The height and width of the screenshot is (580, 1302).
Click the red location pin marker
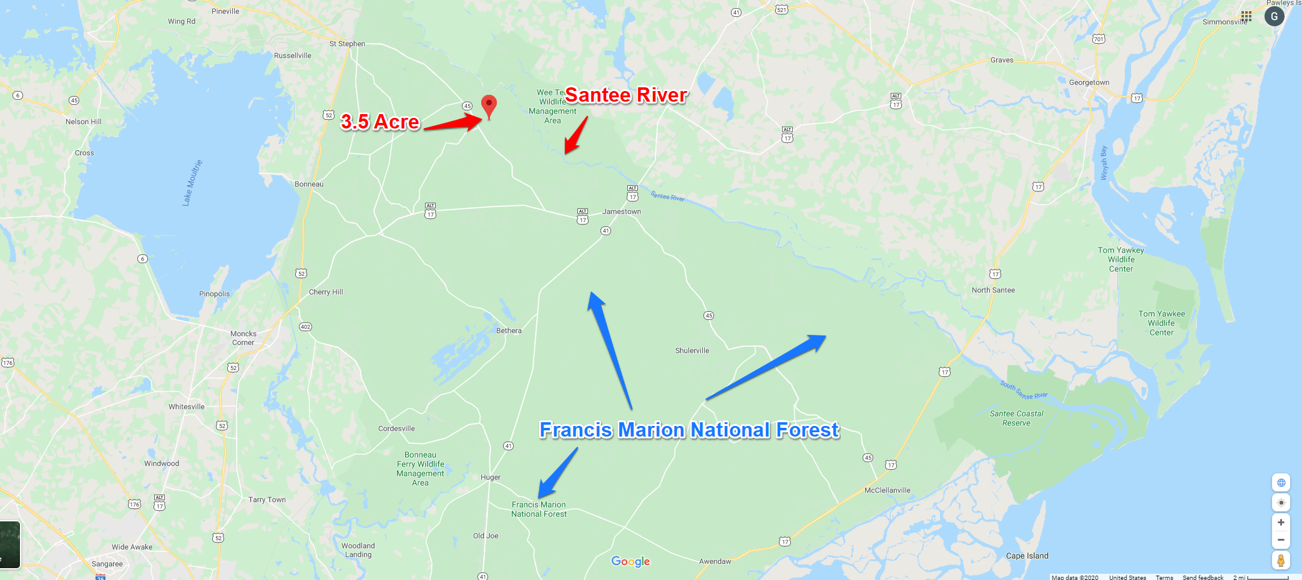click(x=489, y=105)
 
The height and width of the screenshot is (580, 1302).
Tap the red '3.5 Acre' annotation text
click(x=379, y=122)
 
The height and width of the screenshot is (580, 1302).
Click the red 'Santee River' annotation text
click(x=625, y=95)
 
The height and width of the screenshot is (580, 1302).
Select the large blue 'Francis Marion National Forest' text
click(x=689, y=430)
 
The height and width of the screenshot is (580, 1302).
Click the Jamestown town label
click(x=621, y=211)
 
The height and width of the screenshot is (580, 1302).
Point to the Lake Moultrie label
click(x=192, y=183)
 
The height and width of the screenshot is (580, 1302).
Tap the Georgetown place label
click(x=1089, y=82)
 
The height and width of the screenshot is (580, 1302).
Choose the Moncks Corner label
click(x=243, y=338)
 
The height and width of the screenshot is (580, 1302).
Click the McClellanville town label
click(x=887, y=490)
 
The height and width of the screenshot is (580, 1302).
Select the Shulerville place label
click(x=692, y=350)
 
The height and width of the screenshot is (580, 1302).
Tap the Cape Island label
click(x=1027, y=556)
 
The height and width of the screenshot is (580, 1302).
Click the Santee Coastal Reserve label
click(x=1016, y=418)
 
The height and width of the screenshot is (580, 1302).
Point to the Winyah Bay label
click(x=1104, y=163)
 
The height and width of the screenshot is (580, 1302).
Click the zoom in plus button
click(x=1281, y=523)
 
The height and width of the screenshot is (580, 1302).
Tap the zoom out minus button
click(x=1281, y=540)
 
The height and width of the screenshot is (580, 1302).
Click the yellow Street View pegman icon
click(x=1281, y=561)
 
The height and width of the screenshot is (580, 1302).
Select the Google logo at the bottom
click(x=630, y=561)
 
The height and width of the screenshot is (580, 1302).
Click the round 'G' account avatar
click(x=1274, y=16)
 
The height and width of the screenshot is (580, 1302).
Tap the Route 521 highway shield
click(x=781, y=9)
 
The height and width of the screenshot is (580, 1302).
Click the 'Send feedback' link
click(x=1203, y=578)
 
